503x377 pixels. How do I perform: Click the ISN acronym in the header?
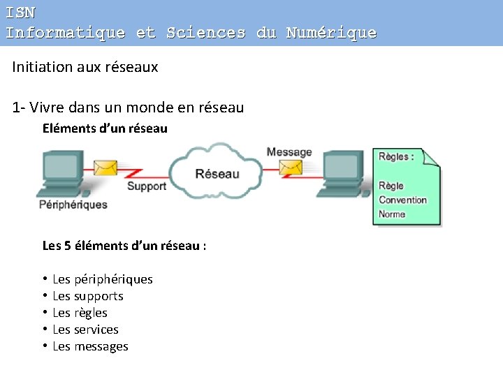(x=20, y=13)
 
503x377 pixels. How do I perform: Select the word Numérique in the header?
(x=331, y=33)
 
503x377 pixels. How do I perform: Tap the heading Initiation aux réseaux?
(x=85, y=67)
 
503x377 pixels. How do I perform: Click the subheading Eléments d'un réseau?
(x=105, y=128)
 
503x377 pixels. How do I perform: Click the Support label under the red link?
(x=146, y=186)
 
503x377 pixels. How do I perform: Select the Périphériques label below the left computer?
(x=73, y=205)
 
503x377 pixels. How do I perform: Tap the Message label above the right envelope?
(x=289, y=152)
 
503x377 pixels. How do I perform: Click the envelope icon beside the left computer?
(x=106, y=168)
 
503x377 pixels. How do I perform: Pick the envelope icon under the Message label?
(x=291, y=168)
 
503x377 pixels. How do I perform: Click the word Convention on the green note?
(x=402, y=200)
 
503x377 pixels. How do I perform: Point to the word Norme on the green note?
(x=392, y=214)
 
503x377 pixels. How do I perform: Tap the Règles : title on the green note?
(x=396, y=156)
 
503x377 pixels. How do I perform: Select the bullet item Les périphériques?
(x=102, y=279)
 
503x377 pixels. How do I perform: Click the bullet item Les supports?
(x=88, y=296)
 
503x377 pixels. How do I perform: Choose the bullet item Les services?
(x=85, y=330)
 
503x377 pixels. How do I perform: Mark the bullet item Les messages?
(x=90, y=346)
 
